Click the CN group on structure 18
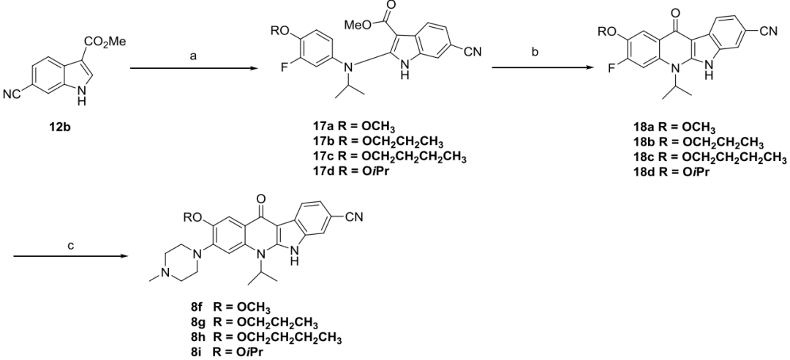(777, 31)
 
